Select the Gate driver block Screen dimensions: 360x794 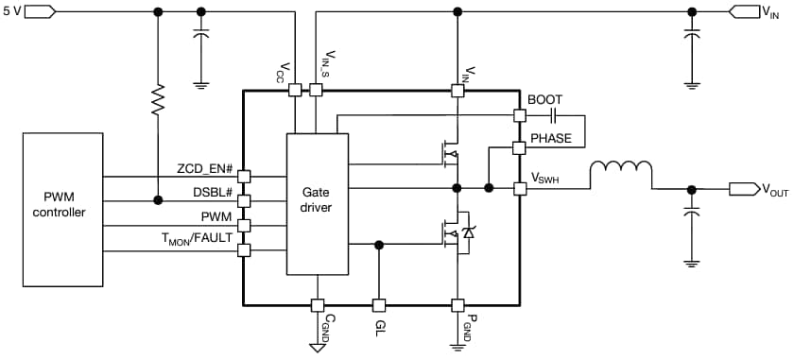point(318,204)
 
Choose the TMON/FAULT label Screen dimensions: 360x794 point(199,240)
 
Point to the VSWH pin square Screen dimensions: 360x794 point(519,188)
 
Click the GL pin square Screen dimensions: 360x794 point(379,305)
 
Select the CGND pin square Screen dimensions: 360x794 point(318,305)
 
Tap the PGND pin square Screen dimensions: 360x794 point(457,305)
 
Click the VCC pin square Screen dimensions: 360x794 point(295,90)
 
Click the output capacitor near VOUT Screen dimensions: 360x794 point(692,214)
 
